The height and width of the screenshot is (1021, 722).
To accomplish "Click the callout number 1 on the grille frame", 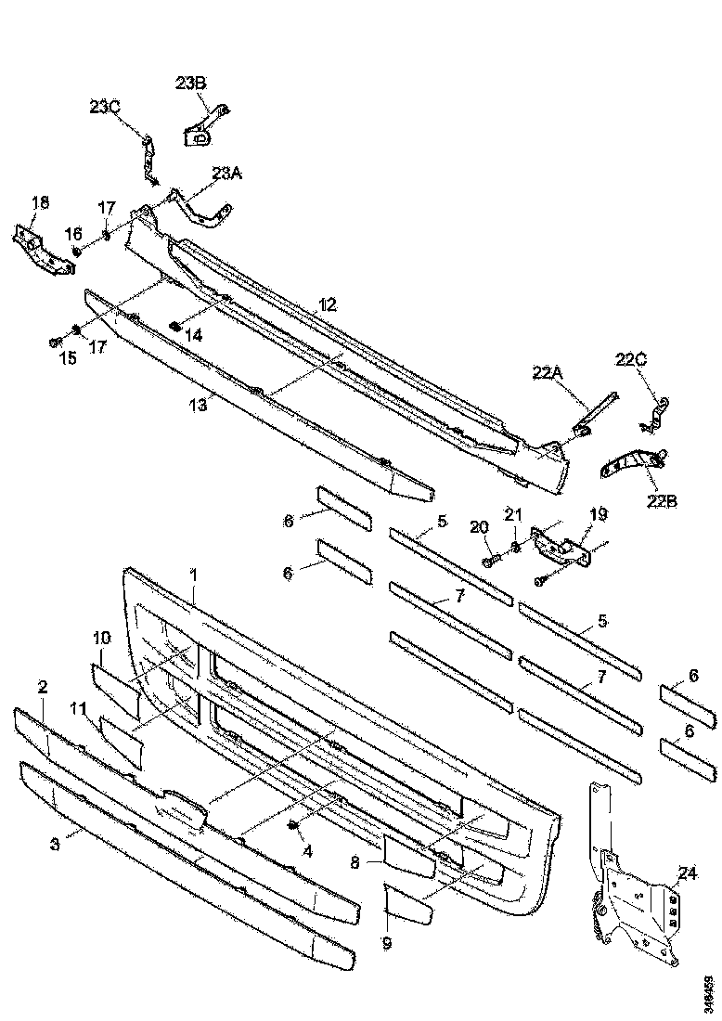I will [194, 575].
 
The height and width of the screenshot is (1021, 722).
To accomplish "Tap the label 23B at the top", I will [191, 84].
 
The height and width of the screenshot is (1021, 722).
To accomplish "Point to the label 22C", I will [631, 360].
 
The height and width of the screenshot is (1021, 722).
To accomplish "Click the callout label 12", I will [328, 304].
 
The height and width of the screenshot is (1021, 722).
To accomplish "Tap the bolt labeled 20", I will [492, 560].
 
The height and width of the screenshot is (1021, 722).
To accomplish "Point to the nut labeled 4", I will [293, 825].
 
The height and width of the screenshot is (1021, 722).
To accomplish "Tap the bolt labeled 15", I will [56, 341].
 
